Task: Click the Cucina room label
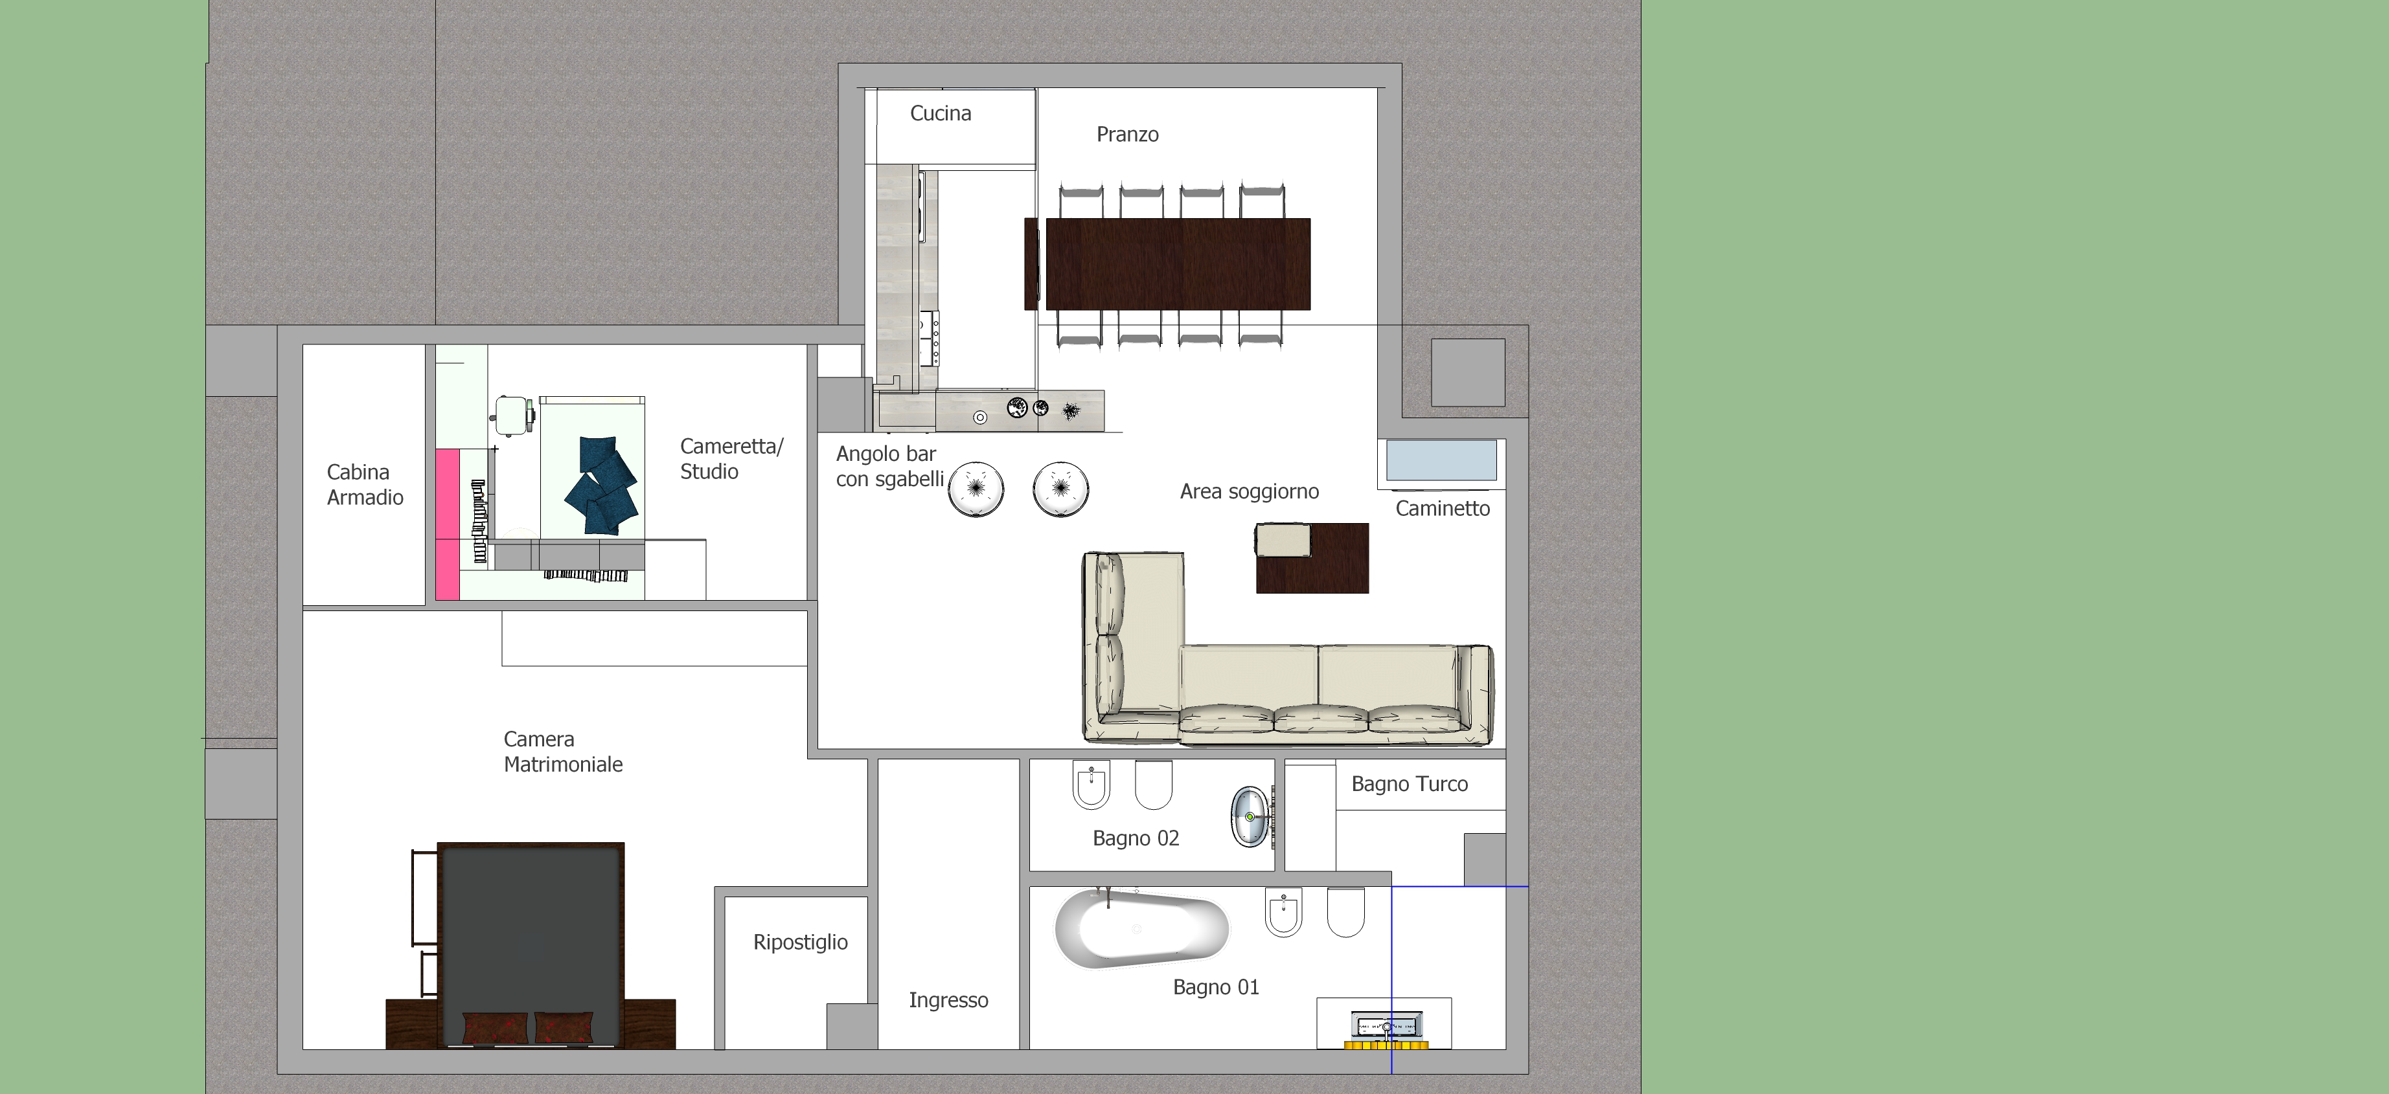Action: pos(941,113)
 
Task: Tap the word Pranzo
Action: pos(1128,135)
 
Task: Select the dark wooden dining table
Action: pos(1178,263)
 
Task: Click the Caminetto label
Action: pos(1442,508)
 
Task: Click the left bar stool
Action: pos(976,489)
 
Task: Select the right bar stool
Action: pos(1061,489)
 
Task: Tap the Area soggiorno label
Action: pos(1249,491)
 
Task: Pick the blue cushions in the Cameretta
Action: pos(603,486)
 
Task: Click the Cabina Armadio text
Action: pos(365,485)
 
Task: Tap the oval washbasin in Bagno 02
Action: pos(1250,817)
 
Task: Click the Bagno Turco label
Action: pos(1410,785)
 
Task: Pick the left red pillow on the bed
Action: pos(494,1027)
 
